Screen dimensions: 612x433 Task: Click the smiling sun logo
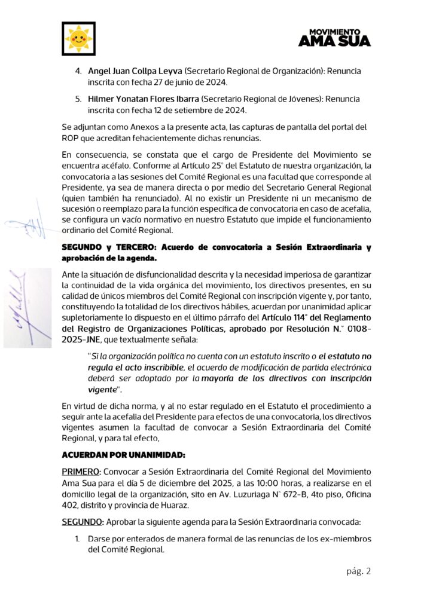[x=79, y=38]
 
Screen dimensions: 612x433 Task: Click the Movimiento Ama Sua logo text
[x=334, y=37]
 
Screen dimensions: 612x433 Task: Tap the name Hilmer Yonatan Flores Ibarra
[x=144, y=98]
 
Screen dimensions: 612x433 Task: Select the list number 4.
[x=78, y=71]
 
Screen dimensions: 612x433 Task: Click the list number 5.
[x=78, y=98]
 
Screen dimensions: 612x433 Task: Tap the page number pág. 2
[x=359, y=571]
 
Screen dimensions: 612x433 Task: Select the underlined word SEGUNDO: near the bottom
[x=83, y=522]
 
